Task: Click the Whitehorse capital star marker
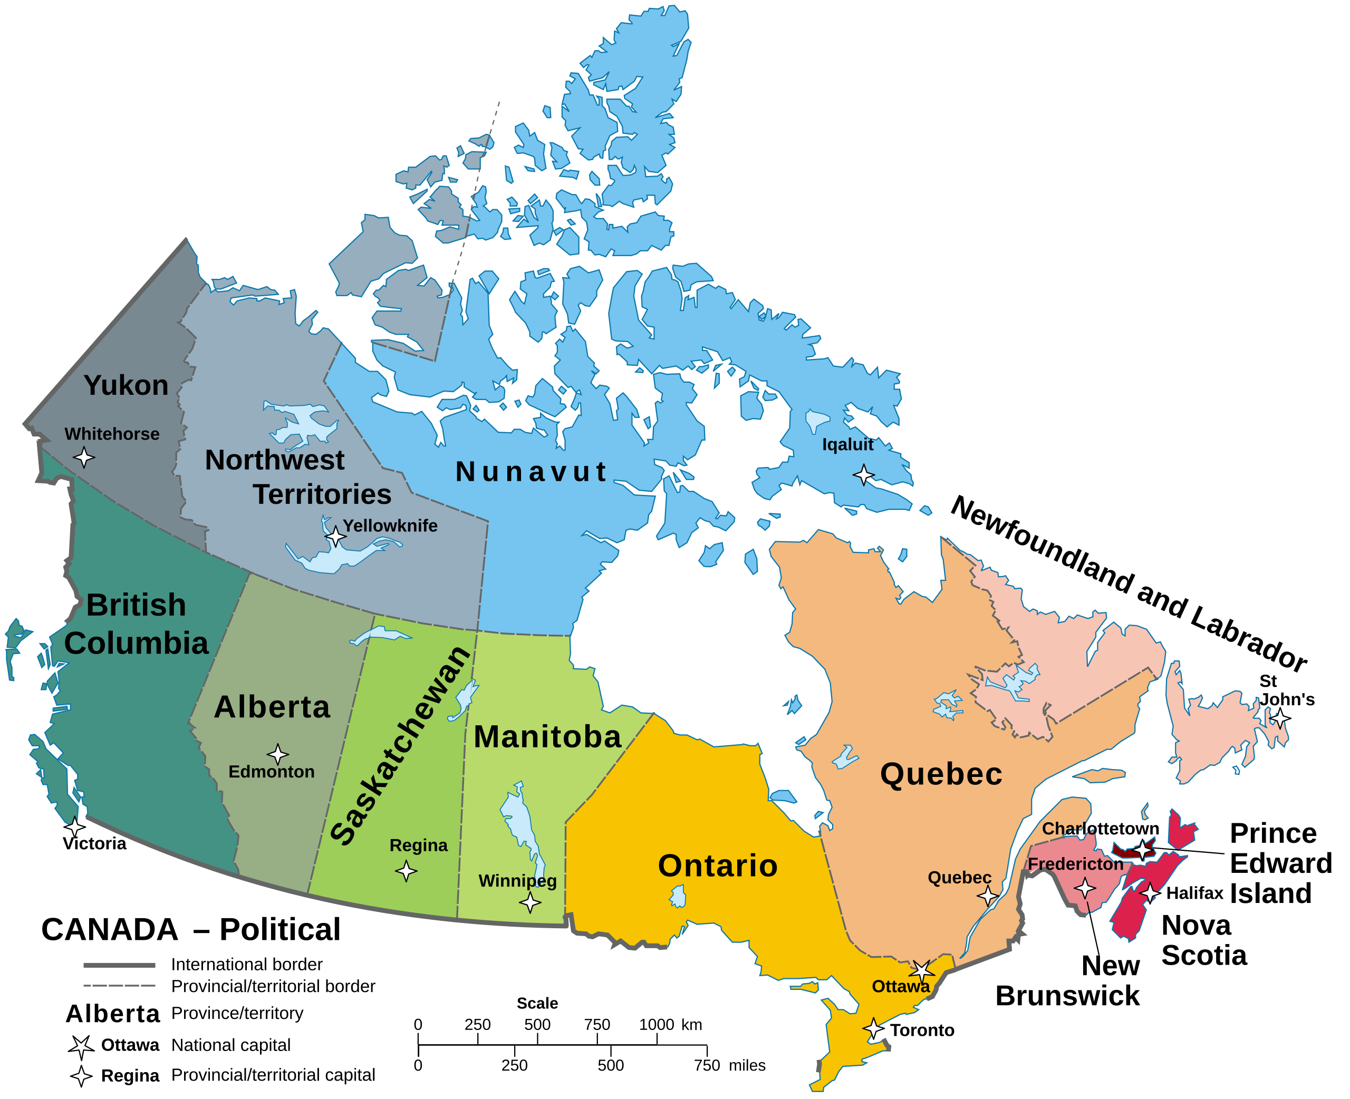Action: pyautogui.click(x=83, y=456)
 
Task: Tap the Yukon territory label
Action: pyautogui.click(x=126, y=385)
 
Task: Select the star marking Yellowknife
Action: pyautogui.click(x=335, y=537)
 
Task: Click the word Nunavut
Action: pyautogui.click(x=531, y=472)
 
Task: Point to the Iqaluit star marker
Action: pyautogui.click(x=864, y=474)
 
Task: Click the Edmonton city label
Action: pyautogui.click(x=271, y=772)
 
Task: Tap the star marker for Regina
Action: pyautogui.click(x=406, y=871)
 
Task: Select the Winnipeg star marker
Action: pyautogui.click(x=530, y=903)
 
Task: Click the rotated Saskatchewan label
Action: pyautogui.click(x=400, y=747)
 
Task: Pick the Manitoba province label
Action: pyautogui.click(x=547, y=737)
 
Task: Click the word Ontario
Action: pyautogui.click(x=717, y=865)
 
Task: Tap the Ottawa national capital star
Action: pyautogui.click(x=922, y=970)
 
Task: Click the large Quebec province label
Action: pyautogui.click(x=941, y=774)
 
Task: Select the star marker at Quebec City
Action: pyautogui.click(x=987, y=895)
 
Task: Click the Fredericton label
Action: pyautogui.click(x=1075, y=864)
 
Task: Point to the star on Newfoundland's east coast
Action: pyautogui.click(x=1280, y=719)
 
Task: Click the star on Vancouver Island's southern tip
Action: pyautogui.click(x=75, y=827)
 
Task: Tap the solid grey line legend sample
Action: pyautogui.click(x=119, y=965)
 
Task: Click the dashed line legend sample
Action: pyautogui.click(x=119, y=986)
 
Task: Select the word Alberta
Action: pyautogui.click(x=272, y=707)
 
